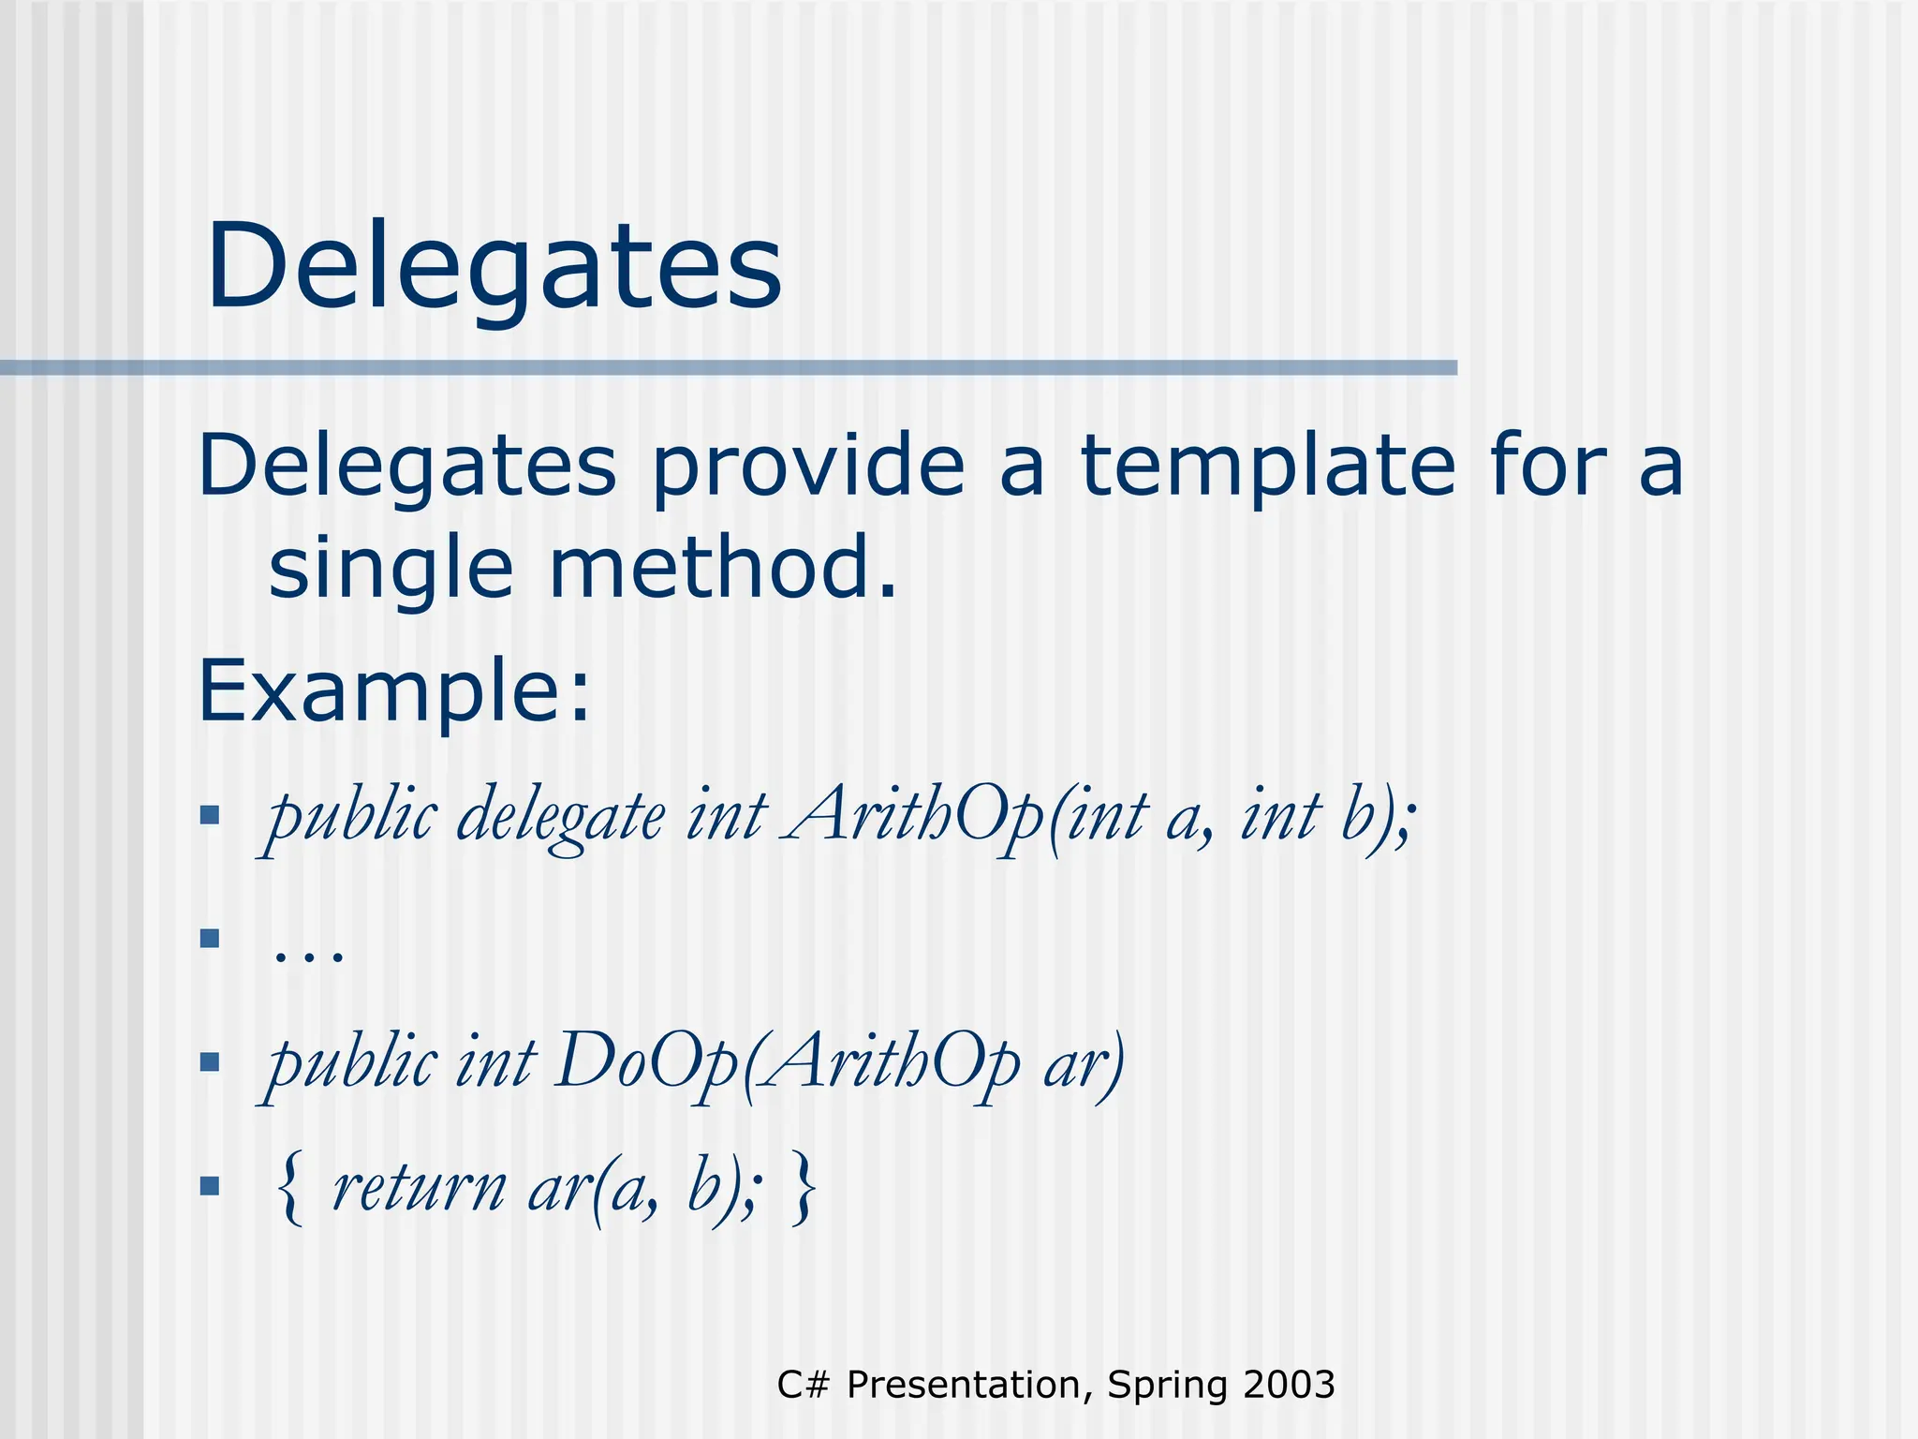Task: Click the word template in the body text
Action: (x=1268, y=466)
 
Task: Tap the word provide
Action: (x=807, y=466)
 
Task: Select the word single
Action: (x=391, y=569)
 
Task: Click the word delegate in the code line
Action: (x=561, y=816)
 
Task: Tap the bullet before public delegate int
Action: (x=210, y=815)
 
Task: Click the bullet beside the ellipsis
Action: (x=210, y=938)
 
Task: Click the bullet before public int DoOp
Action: (x=210, y=1062)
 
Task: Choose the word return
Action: (x=419, y=1187)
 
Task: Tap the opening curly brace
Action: (x=291, y=1188)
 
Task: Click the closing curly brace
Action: (x=804, y=1188)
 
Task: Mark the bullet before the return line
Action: (x=210, y=1187)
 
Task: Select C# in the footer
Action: (x=803, y=1385)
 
